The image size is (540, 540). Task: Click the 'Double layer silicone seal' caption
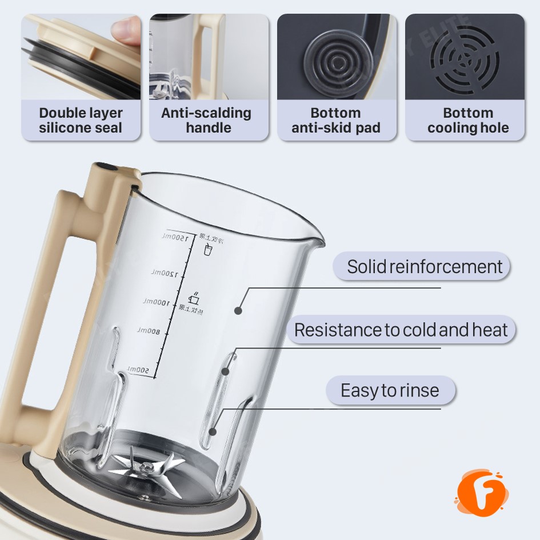[81, 120]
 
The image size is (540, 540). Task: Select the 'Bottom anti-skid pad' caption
[336, 120]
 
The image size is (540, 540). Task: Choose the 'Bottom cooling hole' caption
[468, 120]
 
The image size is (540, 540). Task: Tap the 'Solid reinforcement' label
[425, 266]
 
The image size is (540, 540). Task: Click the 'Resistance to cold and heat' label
[401, 330]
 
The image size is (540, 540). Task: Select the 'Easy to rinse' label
[390, 390]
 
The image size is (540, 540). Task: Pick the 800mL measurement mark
[150, 331]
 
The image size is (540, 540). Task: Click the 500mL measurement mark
[139, 371]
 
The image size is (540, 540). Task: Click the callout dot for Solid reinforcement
[238, 310]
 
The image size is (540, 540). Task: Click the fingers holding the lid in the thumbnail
[127, 29]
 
